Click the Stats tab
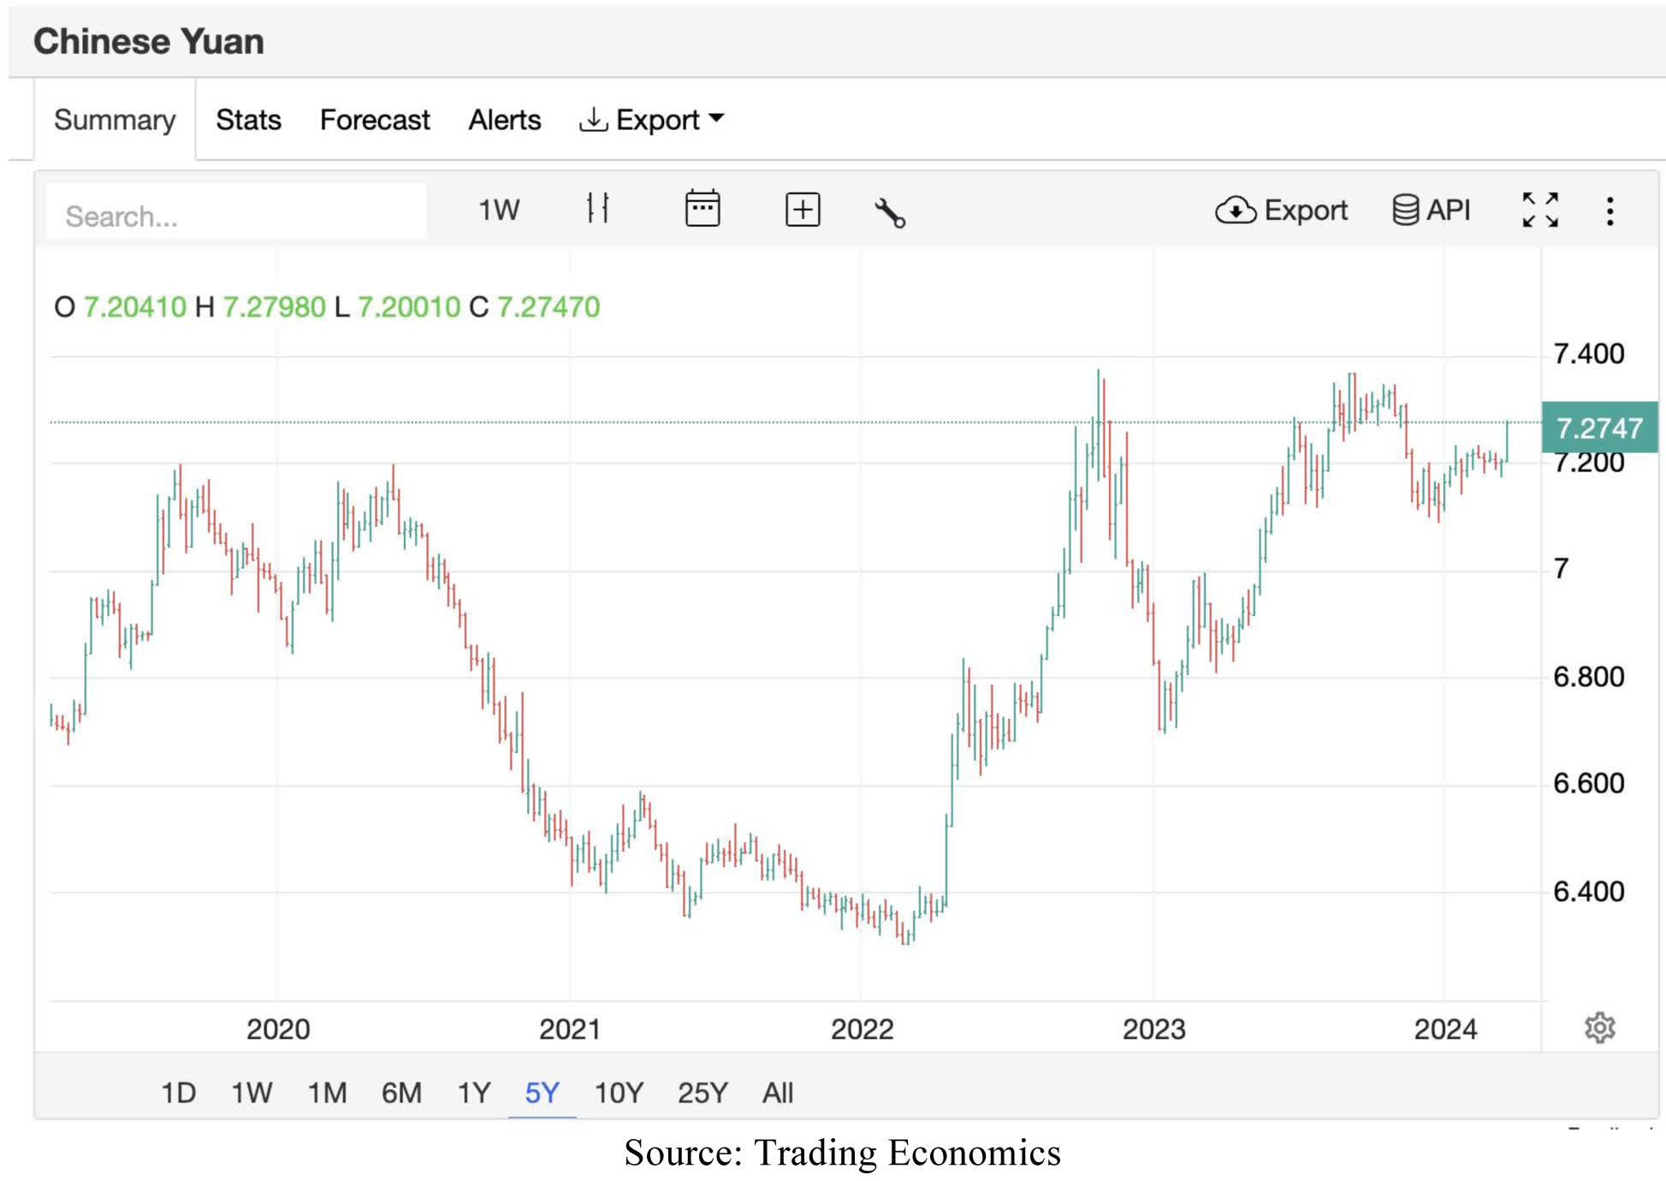(248, 120)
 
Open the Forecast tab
(374, 120)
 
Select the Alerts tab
(504, 120)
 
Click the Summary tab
(115, 120)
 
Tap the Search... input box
(236, 215)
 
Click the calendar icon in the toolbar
(703, 210)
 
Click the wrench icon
(890, 212)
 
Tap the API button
(1432, 210)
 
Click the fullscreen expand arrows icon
(1540, 210)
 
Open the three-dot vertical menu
(1610, 211)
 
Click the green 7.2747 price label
(1598, 427)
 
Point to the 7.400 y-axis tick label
(1588, 353)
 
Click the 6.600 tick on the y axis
(1588, 783)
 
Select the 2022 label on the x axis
(862, 1029)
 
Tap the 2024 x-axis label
(1445, 1029)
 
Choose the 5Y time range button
(542, 1093)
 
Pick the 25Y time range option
(703, 1093)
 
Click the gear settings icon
(1599, 1028)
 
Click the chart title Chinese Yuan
(149, 41)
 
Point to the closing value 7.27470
(548, 306)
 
